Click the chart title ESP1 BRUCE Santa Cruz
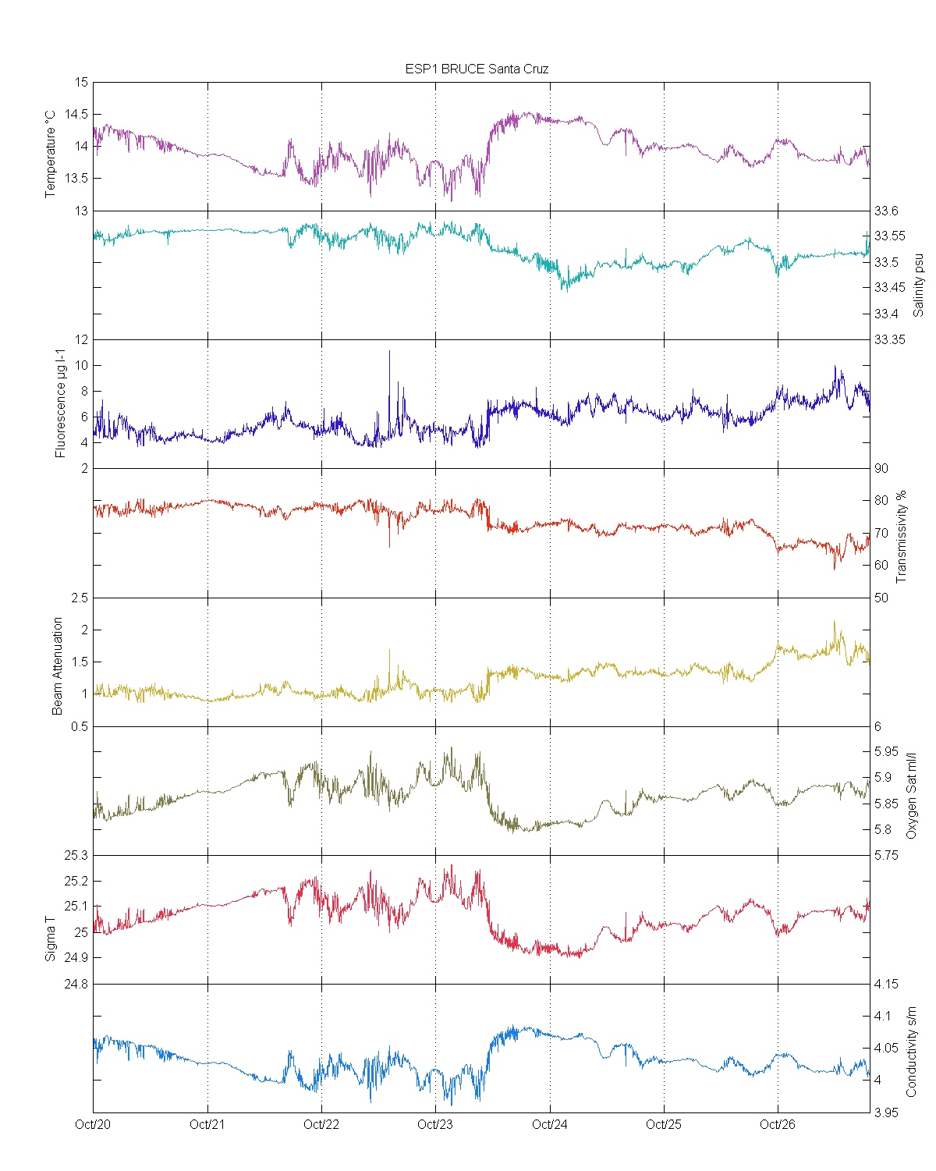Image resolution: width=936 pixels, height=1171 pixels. click(477, 69)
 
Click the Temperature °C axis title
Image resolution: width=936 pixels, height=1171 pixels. click(51, 153)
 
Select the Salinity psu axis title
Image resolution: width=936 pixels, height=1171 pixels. click(918, 284)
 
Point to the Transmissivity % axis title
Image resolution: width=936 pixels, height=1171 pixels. click(902, 537)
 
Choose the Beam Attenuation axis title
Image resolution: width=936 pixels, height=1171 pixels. click(57, 666)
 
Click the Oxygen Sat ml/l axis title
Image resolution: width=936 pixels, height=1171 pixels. click(911, 796)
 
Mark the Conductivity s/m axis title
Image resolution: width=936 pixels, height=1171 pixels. click(911, 1052)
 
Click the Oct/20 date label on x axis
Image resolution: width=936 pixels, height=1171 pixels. click(93, 1124)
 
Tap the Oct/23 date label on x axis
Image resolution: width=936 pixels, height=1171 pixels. click(435, 1124)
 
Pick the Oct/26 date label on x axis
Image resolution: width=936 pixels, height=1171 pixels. click(778, 1124)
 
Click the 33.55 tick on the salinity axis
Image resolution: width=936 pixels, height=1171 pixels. click(889, 236)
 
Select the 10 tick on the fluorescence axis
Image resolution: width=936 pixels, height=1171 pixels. click(81, 365)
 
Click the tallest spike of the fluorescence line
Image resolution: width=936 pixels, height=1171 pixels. click(389, 352)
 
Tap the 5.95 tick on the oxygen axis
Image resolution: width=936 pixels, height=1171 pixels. click(886, 752)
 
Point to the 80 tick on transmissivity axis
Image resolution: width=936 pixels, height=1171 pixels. click(881, 501)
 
